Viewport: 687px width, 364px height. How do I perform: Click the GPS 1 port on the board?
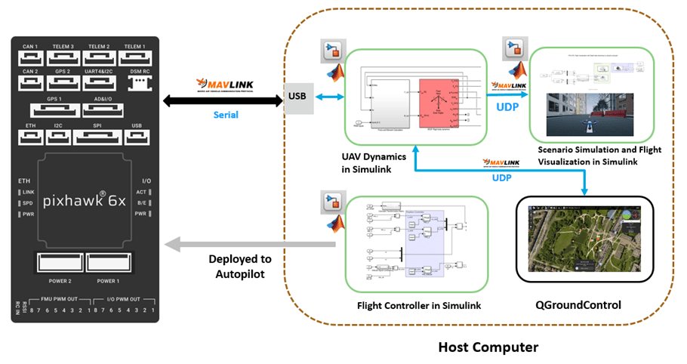point(54,110)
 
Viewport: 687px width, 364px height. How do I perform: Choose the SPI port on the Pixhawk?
point(95,137)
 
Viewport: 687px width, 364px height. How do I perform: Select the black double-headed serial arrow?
point(215,97)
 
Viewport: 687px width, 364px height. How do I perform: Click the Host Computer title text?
point(488,347)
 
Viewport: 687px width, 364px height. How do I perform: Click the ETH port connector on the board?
point(30,137)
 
